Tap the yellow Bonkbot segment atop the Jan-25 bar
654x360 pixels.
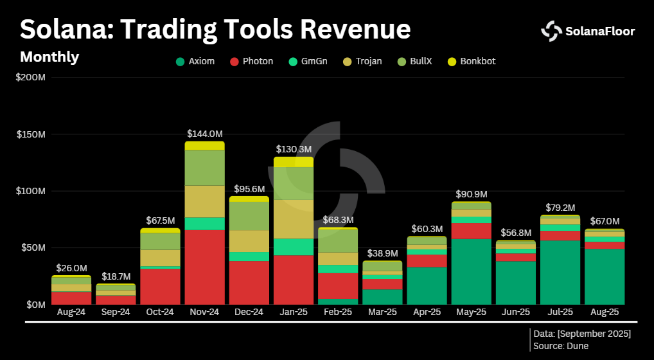tap(294, 161)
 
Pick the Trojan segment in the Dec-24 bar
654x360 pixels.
tap(249, 241)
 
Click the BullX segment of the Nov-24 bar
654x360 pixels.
tap(204, 167)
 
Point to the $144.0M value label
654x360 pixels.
tap(204, 134)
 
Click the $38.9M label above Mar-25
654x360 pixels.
tap(382, 253)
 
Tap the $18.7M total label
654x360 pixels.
tap(116, 276)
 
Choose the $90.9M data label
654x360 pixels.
tap(471, 194)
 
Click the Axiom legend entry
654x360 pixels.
tap(195, 62)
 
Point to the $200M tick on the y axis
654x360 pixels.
tap(30, 78)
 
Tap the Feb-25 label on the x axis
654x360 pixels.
tap(338, 312)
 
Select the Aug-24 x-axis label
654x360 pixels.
tap(71, 312)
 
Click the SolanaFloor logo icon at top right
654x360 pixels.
tap(551, 30)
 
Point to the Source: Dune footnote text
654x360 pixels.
tap(560, 346)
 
